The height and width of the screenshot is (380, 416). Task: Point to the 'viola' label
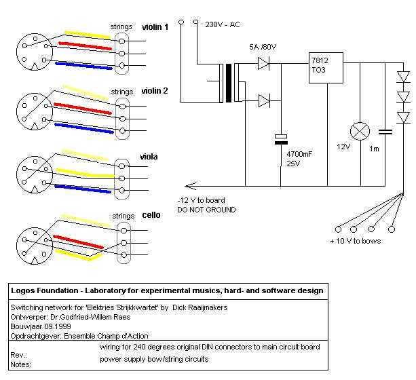(149, 157)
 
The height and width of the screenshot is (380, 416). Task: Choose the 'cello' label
(151, 215)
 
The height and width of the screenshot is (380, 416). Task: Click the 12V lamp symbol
(358, 132)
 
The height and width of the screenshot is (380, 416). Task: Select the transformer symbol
(228, 83)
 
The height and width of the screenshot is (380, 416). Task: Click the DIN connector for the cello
(31, 243)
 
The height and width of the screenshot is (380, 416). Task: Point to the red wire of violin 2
(83, 107)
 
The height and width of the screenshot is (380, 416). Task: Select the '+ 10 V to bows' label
(354, 242)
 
